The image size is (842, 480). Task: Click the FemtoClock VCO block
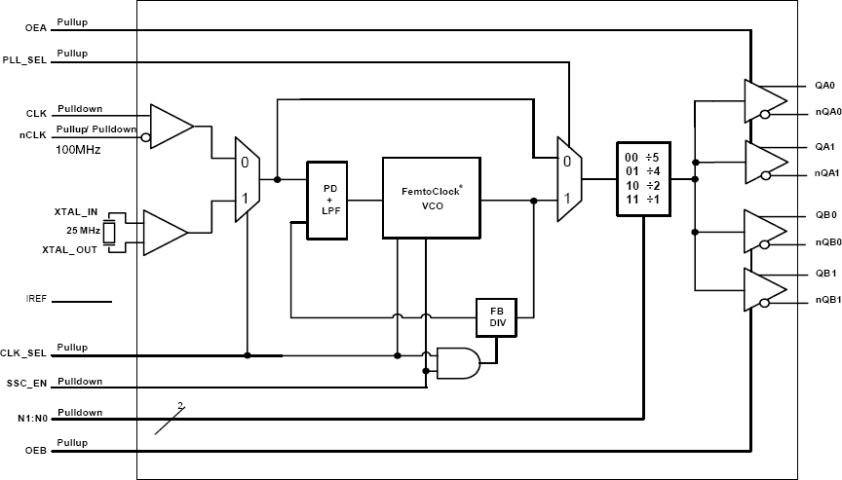click(431, 198)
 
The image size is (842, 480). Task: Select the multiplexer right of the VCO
click(567, 179)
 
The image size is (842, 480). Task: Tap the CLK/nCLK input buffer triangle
click(170, 126)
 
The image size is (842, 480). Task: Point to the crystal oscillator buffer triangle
click(164, 233)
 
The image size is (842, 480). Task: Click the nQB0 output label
click(828, 243)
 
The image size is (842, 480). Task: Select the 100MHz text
click(77, 150)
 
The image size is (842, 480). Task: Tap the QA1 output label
click(824, 146)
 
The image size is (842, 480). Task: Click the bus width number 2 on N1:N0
click(180, 405)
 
